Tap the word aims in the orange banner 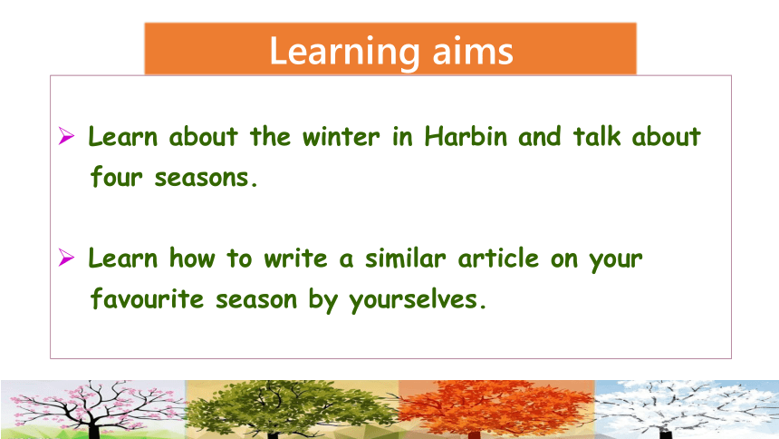tap(473, 52)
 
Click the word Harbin tap(466, 136)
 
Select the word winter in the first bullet tap(341, 137)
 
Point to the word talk tap(597, 136)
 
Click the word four tap(116, 177)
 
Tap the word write tap(295, 259)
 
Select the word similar tap(406, 258)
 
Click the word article tap(498, 258)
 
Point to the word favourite tap(147, 298)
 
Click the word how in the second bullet tap(192, 258)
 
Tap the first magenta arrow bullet tap(66, 136)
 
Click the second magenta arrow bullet tap(66, 258)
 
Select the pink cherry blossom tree tap(93, 409)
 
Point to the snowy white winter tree tap(686, 409)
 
